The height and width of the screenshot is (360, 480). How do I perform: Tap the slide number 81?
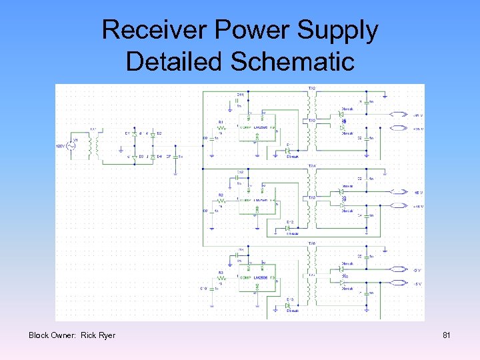pos(447,335)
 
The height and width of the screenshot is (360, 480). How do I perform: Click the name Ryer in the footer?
pos(107,335)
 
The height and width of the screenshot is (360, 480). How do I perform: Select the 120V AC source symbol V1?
pos(71,145)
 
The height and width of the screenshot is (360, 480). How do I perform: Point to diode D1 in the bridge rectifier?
pos(134,134)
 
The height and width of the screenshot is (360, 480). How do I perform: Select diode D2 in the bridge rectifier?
pos(152,134)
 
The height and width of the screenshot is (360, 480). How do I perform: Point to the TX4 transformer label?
pos(311,165)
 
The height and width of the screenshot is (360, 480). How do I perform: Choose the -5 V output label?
pos(417,270)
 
